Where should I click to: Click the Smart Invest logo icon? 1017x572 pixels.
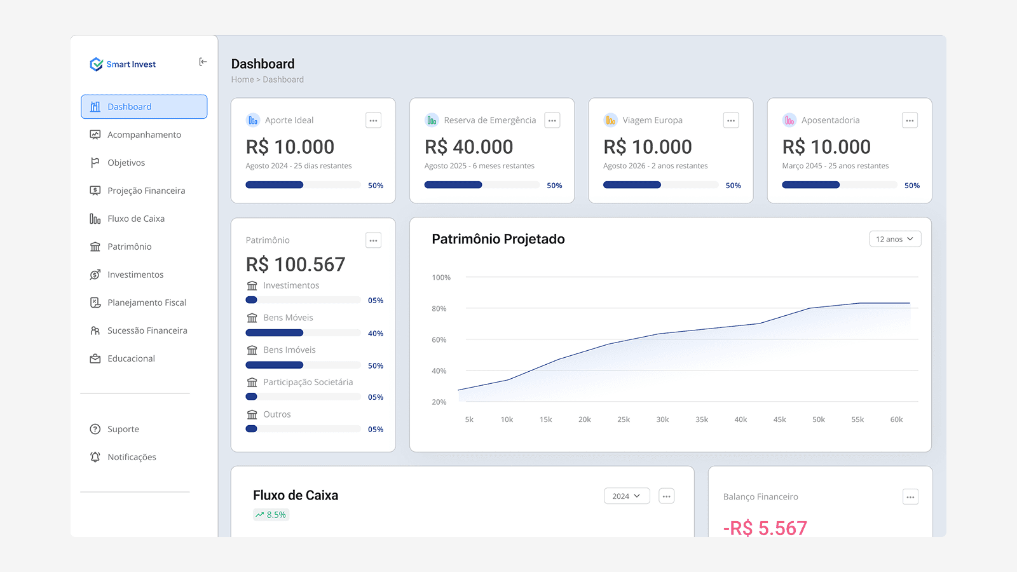coord(96,64)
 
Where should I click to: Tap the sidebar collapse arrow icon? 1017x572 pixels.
coord(203,62)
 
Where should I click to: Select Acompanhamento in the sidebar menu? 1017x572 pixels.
coord(144,135)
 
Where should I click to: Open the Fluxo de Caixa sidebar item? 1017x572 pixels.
coord(135,219)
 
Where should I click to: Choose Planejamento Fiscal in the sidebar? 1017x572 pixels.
coord(146,303)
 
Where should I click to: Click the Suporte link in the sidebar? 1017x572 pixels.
coord(123,429)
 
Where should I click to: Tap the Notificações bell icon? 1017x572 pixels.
coord(95,457)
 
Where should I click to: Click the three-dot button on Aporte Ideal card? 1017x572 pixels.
coord(373,120)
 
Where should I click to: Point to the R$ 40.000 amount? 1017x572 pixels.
coord(468,147)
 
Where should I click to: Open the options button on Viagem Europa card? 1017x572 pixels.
coord(731,120)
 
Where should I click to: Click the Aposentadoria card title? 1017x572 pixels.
coord(830,120)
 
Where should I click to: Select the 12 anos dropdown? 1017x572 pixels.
coord(895,239)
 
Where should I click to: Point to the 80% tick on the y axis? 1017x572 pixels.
coord(439,309)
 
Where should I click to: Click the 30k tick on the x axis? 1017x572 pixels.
coord(662,419)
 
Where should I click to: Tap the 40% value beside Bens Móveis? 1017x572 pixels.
coord(376,334)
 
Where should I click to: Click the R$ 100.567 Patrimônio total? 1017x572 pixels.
coord(296,264)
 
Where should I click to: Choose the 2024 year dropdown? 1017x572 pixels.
coord(627,496)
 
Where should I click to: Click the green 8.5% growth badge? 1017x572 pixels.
coord(271,515)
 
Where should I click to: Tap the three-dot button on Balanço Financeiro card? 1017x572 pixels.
coord(910,497)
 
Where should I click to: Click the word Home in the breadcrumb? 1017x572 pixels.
coord(242,79)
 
